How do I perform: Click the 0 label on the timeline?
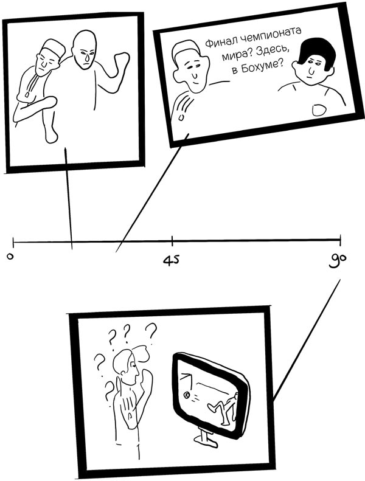click(x=10, y=257)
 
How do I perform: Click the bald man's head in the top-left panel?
click(x=84, y=50)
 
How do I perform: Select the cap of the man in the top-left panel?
click(x=55, y=47)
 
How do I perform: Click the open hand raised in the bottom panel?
click(x=129, y=406)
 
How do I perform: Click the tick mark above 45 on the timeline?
click(x=172, y=241)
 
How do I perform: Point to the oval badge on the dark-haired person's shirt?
click(x=318, y=110)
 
